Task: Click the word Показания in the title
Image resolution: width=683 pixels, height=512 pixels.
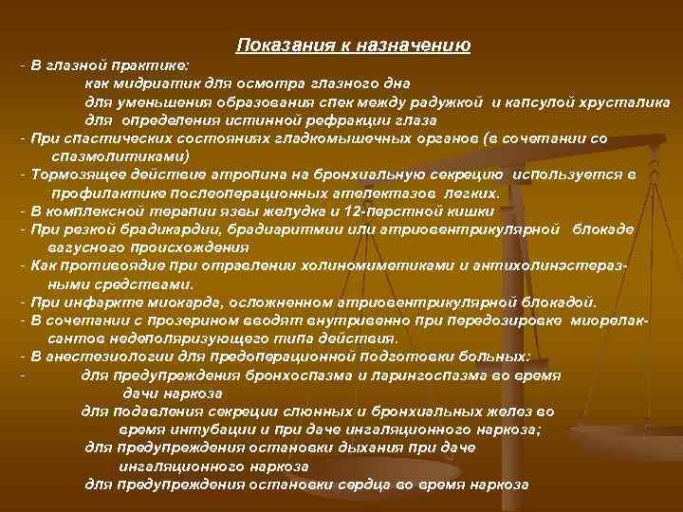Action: [x=275, y=46]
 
